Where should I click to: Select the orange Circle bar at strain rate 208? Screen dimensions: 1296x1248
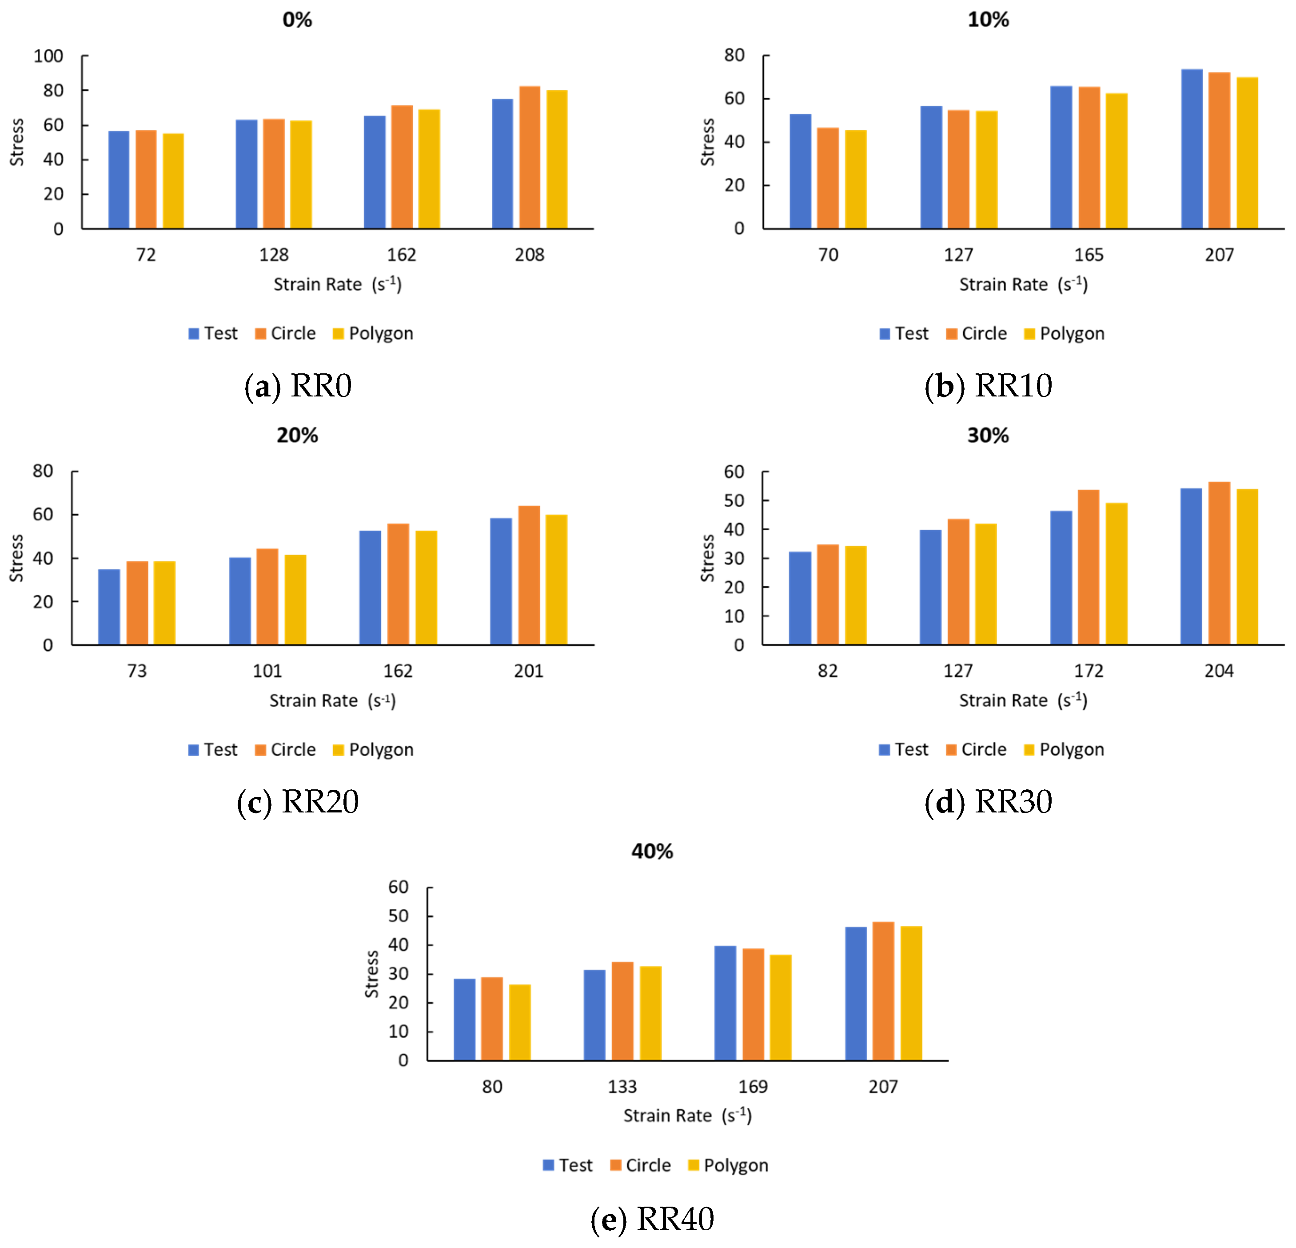coord(530,157)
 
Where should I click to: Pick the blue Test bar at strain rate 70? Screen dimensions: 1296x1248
coord(801,171)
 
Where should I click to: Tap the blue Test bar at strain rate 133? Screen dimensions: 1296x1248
coord(594,1015)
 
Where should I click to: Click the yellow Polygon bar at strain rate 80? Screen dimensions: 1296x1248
coord(520,1023)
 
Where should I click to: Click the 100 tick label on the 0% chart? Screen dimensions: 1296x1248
coord(48,56)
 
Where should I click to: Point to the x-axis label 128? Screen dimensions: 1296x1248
coord(274,255)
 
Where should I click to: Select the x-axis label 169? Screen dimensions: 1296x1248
coord(753,1087)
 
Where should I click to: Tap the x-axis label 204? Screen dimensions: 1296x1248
coord(1219,671)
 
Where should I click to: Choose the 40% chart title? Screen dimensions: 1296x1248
coord(652,851)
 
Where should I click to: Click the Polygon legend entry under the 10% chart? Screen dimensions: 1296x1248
coord(1064,333)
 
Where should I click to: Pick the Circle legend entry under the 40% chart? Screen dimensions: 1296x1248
coord(640,1165)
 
